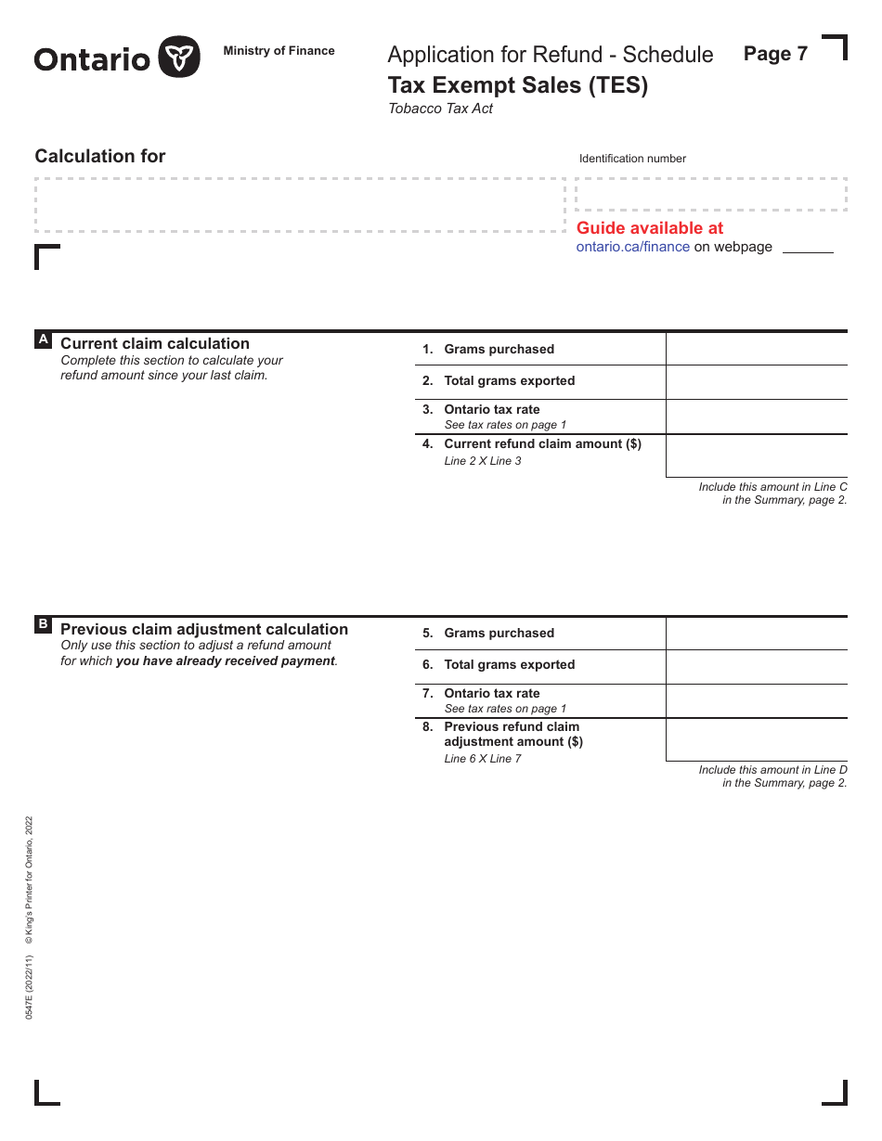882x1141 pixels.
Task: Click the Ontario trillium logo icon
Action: (178, 58)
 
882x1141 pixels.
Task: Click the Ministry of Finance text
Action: (279, 51)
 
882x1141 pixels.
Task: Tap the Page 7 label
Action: (775, 54)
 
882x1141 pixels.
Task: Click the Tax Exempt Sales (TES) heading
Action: (517, 85)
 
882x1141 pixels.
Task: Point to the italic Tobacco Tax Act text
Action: (440, 109)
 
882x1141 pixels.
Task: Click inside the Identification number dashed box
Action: (710, 195)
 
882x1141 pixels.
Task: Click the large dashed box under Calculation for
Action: (299, 205)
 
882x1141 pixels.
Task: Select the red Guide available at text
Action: (649, 228)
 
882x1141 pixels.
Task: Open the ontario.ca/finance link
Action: (632, 247)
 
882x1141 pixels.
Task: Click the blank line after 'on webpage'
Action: (808, 248)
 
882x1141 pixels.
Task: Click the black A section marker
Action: (43, 340)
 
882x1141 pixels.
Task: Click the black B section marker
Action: (43, 624)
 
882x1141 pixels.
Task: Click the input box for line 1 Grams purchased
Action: (756, 350)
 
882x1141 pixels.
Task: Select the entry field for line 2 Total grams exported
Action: (756, 381)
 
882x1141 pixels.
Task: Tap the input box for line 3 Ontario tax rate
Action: (756, 417)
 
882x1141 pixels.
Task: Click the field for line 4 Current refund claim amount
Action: (756, 455)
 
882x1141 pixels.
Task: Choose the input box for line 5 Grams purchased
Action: (756, 634)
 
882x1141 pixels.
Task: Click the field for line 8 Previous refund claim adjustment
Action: (756, 739)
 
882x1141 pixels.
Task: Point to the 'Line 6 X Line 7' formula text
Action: (483, 759)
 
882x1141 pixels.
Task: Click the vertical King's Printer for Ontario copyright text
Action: (29, 881)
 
